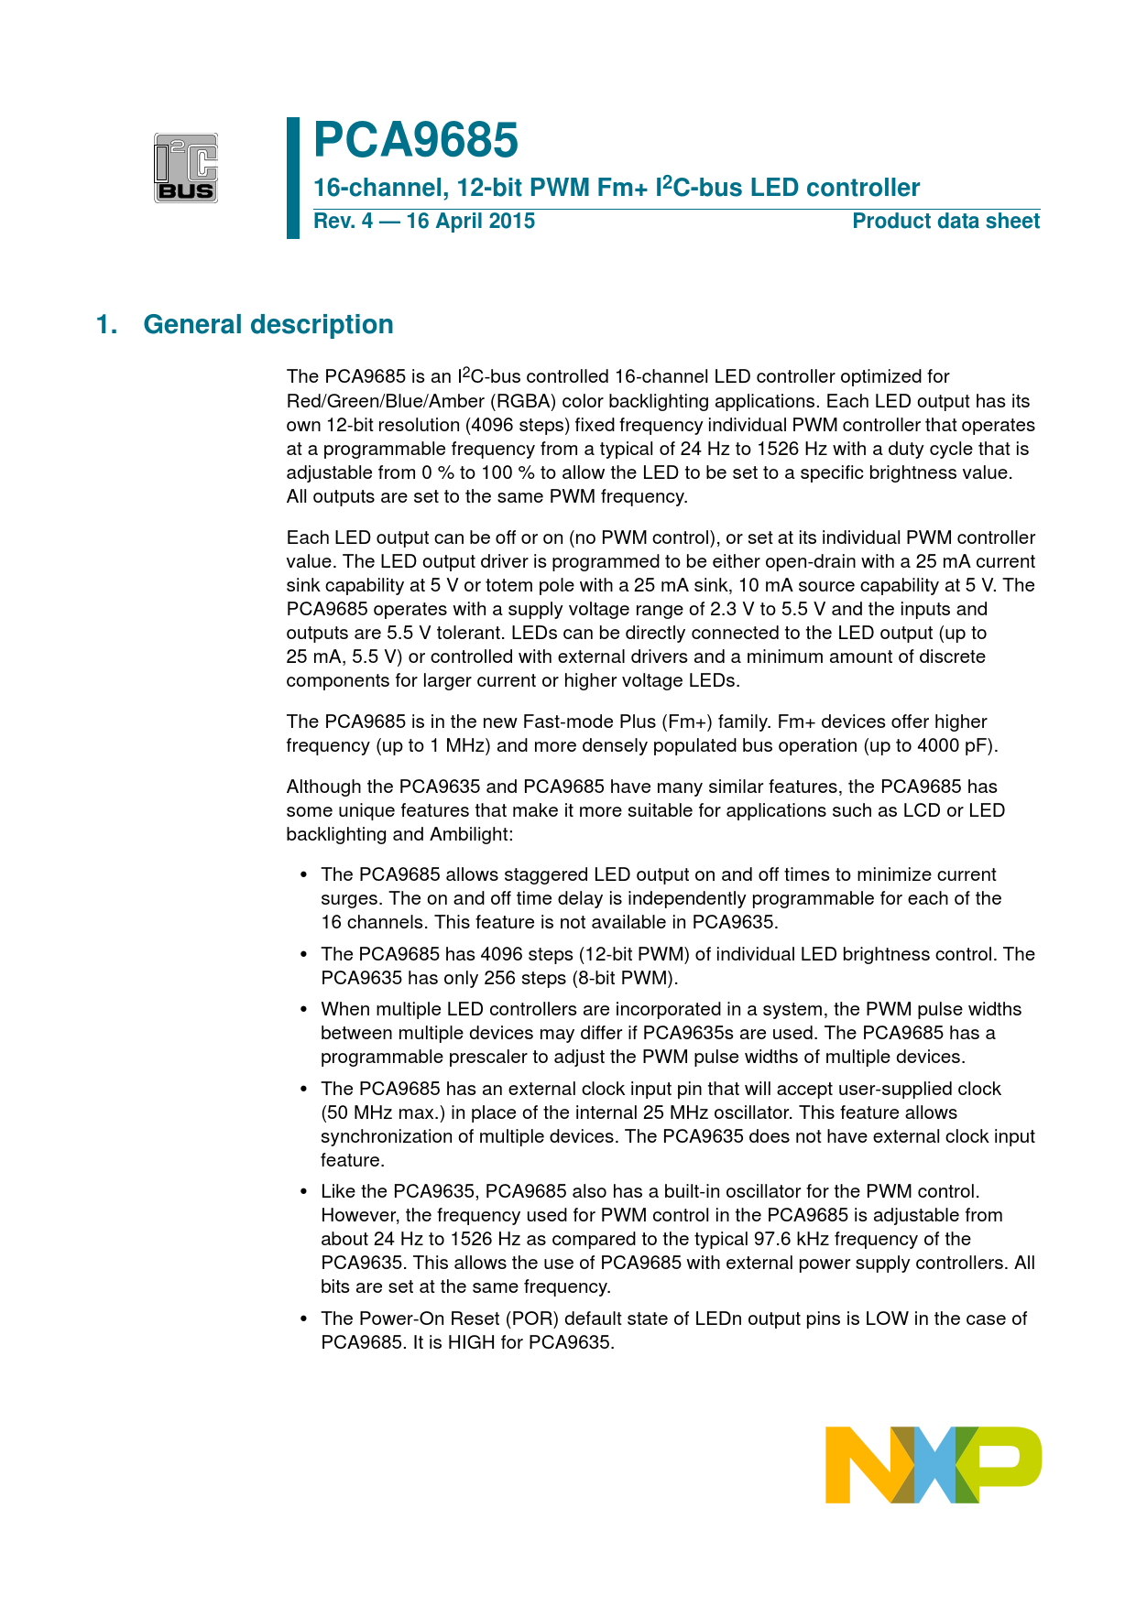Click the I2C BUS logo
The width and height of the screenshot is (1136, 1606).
(x=186, y=168)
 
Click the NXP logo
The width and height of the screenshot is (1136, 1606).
(x=933, y=1464)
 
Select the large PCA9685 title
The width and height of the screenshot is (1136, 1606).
(x=416, y=141)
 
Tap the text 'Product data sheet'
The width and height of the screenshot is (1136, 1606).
(x=945, y=222)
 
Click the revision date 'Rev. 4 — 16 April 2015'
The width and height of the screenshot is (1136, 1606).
(x=424, y=222)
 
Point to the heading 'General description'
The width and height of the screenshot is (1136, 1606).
(x=268, y=325)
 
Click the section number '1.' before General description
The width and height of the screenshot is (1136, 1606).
(x=107, y=325)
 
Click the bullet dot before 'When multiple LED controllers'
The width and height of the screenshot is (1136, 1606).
(x=305, y=1010)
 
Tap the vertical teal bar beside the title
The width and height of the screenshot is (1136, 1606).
(x=293, y=178)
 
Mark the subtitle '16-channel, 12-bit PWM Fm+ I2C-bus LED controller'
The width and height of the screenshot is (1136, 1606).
(x=617, y=188)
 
